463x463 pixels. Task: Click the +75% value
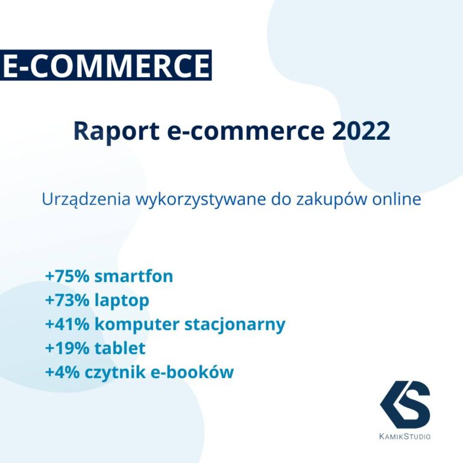click(x=66, y=276)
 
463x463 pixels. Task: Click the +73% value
click(x=66, y=300)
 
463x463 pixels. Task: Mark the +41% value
click(x=66, y=324)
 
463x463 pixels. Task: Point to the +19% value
click(x=66, y=348)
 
